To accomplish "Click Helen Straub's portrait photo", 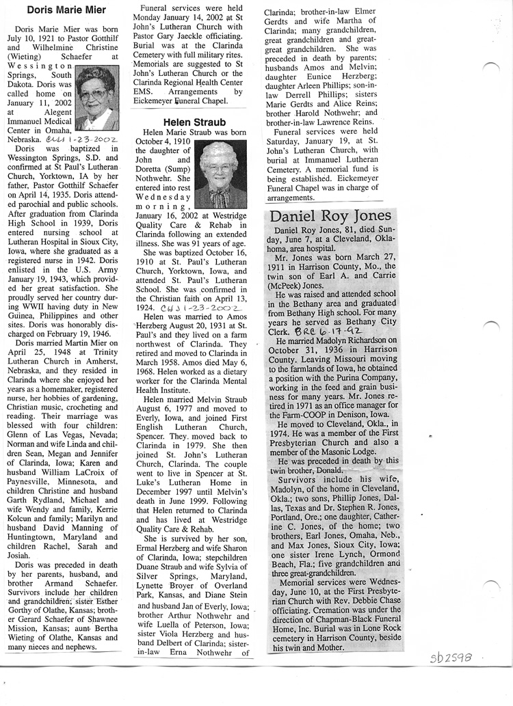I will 221,174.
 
